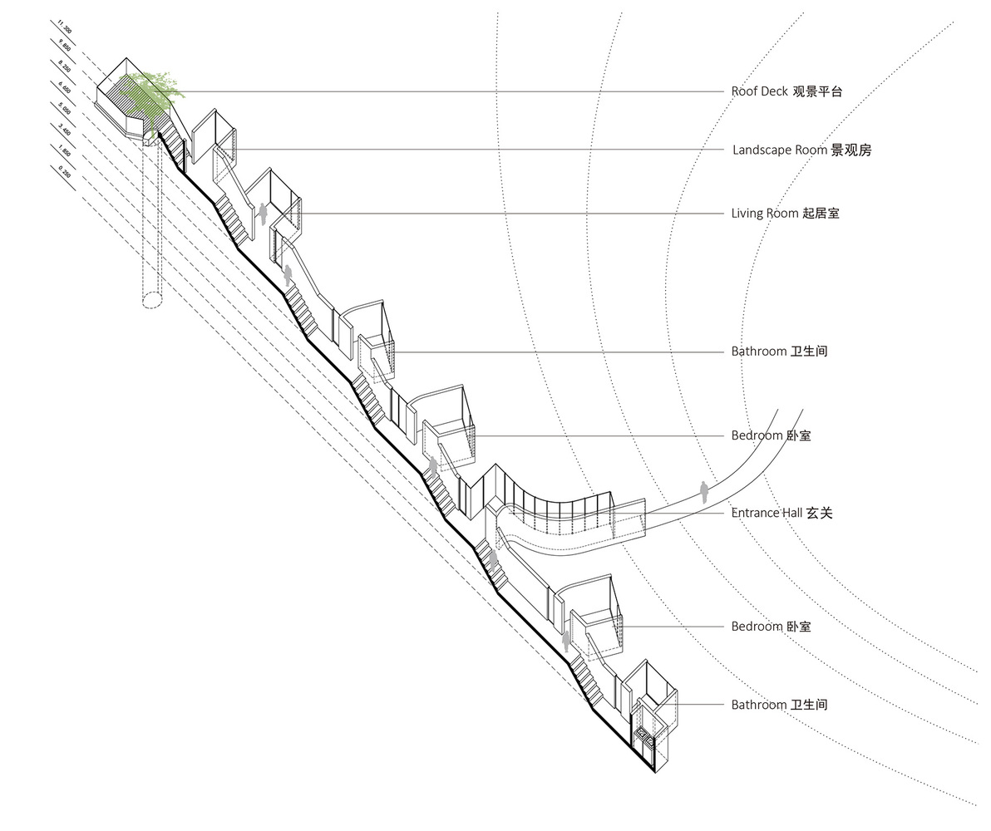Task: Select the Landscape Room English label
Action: pos(780,150)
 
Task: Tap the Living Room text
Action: pos(764,214)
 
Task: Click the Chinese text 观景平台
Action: pos(817,91)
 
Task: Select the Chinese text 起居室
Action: pos(821,214)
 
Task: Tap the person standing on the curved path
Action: pos(704,492)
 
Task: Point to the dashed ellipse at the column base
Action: pos(151,300)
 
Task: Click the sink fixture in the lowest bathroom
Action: pos(644,733)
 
